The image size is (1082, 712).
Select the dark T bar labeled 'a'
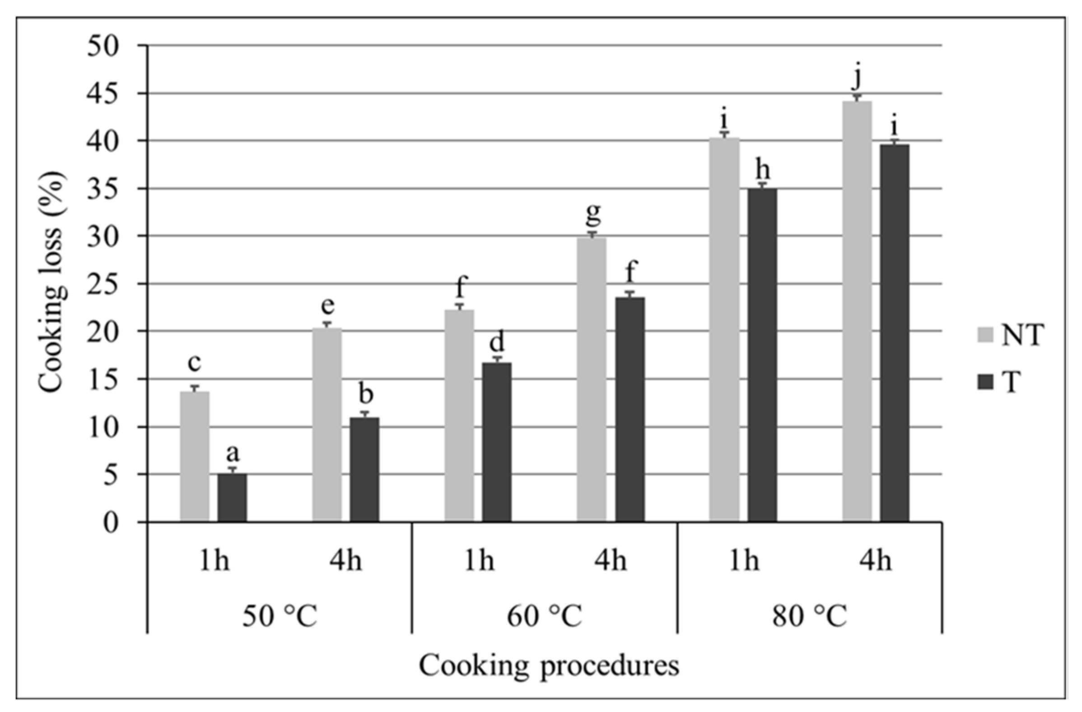tap(232, 498)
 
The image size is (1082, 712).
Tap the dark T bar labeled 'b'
tap(364, 469)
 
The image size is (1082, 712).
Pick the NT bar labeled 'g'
tap(592, 379)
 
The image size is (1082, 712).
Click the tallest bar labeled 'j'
tap(857, 311)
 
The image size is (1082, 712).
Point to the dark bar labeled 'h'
tap(762, 354)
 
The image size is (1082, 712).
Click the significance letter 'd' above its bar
tap(497, 342)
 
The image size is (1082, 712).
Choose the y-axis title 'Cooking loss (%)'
tap(51, 282)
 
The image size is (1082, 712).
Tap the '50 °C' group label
tap(279, 616)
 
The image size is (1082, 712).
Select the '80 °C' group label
tap(809, 616)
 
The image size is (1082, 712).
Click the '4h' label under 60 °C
tap(611, 562)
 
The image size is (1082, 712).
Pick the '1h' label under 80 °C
tap(744, 562)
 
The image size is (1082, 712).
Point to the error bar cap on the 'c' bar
tap(195, 386)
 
